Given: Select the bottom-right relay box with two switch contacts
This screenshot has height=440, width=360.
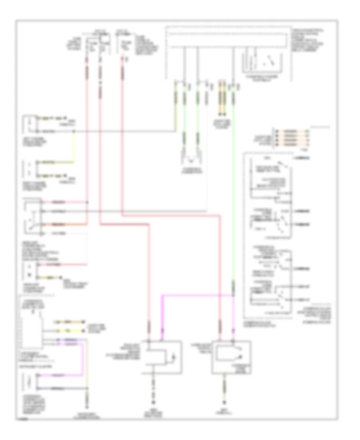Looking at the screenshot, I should click(231, 358).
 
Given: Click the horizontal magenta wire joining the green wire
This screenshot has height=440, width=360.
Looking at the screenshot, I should click(196, 295).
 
